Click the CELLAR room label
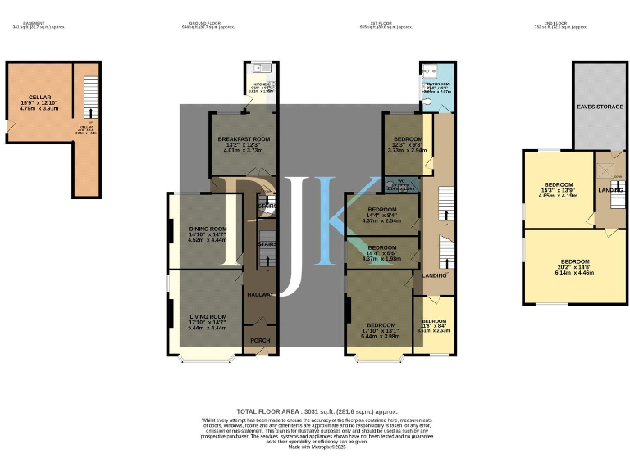pos(39,97)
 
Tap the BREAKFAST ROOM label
pos(244,139)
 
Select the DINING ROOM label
pos(208,229)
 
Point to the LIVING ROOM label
pos(208,316)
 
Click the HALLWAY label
pos(260,293)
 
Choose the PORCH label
pos(260,340)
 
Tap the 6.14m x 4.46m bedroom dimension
pos(573,272)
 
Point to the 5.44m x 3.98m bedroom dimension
pos(381,336)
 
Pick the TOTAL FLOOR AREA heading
pos(317,411)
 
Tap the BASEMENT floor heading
pos(35,23)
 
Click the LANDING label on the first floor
pos(434,275)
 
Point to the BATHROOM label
pos(437,84)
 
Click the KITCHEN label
pos(262,84)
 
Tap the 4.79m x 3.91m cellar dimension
pos(39,108)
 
